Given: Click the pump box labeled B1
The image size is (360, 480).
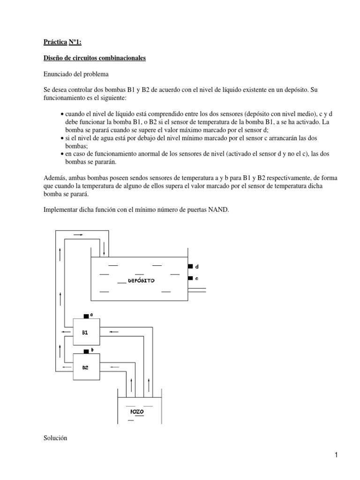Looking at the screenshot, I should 86,332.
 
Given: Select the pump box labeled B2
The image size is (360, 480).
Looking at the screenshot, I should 86,367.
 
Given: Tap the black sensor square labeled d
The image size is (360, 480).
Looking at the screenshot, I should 190,266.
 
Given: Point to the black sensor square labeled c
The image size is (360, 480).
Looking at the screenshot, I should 190,278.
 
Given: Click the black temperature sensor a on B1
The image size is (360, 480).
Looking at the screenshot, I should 86,315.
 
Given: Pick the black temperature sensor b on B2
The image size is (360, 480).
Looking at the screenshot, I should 86,351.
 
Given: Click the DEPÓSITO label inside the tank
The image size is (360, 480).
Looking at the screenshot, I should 141,280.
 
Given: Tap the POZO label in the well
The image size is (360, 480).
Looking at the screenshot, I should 135,411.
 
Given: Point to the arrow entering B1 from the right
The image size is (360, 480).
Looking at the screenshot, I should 114,332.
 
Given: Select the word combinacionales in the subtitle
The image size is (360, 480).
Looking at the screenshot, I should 122,58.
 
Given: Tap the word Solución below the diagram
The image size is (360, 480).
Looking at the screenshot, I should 55,438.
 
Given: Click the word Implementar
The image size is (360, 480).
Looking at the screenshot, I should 62,210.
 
